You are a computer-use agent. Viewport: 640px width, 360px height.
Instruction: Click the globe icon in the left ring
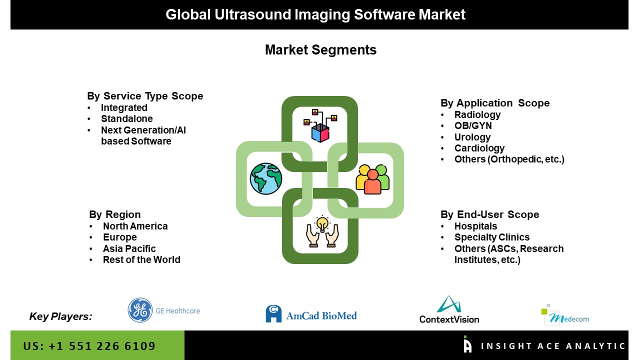click(x=265, y=179)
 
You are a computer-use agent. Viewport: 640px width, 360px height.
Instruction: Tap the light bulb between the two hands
click(x=322, y=223)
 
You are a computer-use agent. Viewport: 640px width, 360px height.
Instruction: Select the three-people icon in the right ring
click(x=372, y=179)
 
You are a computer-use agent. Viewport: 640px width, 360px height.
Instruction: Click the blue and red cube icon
click(x=320, y=132)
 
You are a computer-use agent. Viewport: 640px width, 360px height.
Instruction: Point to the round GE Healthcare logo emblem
click(x=140, y=310)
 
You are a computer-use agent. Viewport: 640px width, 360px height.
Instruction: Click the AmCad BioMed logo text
click(x=321, y=315)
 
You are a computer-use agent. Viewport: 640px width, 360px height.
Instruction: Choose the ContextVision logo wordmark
click(x=449, y=319)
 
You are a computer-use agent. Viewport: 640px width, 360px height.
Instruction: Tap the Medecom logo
click(x=565, y=315)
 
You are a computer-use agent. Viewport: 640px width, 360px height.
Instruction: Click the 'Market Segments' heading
click(x=320, y=49)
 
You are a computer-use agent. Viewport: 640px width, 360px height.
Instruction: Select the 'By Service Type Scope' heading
click(x=145, y=96)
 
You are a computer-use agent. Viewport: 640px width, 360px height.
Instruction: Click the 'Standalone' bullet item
click(x=127, y=118)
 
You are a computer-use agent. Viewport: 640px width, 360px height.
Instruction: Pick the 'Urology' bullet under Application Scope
click(x=472, y=137)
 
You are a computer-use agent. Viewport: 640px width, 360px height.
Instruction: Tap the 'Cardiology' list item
click(x=479, y=148)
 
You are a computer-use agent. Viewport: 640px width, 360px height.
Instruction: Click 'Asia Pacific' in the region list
click(x=129, y=248)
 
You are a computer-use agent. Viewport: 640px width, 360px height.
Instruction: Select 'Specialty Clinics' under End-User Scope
click(x=492, y=237)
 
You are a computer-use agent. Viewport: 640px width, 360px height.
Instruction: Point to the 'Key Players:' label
click(x=60, y=316)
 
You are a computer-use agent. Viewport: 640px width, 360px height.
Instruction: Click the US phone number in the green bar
click(x=89, y=346)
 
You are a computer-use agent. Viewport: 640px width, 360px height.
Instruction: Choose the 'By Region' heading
click(x=115, y=214)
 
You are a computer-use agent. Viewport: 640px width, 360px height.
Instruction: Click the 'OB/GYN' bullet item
click(x=473, y=125)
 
